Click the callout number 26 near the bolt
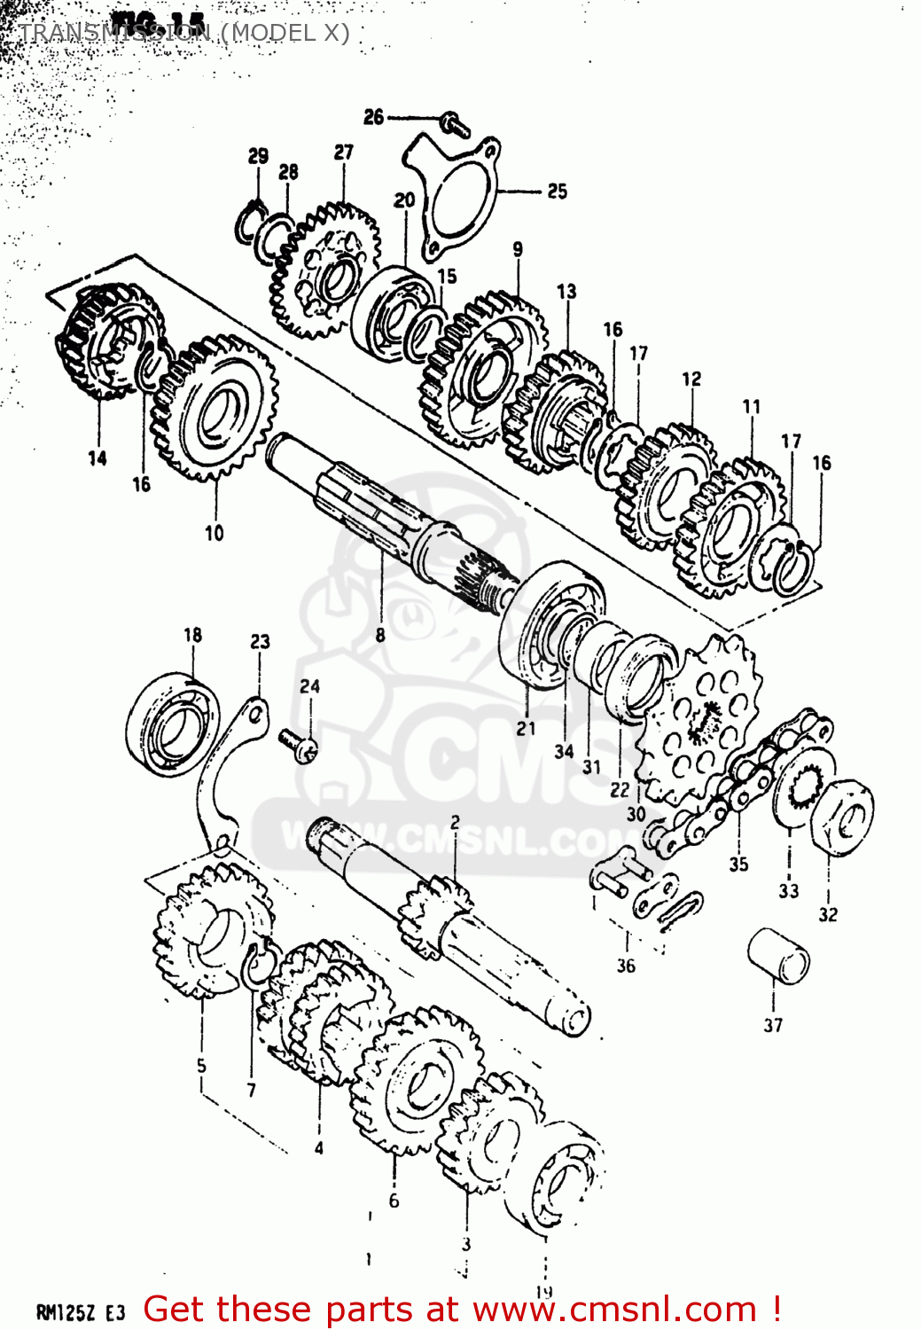point(373,117)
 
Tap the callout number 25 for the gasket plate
point(557,191)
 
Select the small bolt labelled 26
point(455,124)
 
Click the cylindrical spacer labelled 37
point(778,956)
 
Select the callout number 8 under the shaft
point(380,635)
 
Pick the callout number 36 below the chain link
point(626,966)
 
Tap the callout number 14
point(98,458)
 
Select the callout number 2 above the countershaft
point(455,822)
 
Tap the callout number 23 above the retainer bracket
point(260,641)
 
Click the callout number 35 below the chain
point(738,864)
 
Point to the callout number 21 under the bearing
point(527,728)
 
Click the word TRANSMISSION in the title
point(114,33)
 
